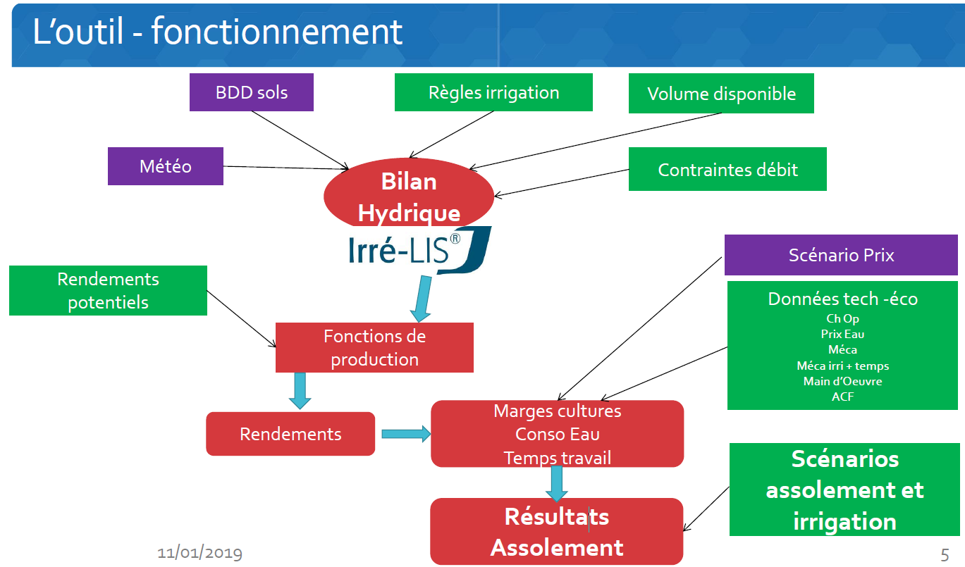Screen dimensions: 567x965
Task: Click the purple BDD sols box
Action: (251, 92)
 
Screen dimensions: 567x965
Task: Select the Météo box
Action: (165, 166)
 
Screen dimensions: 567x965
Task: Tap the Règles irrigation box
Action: (493, 92)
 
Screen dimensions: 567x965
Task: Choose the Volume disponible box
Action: (721, 94)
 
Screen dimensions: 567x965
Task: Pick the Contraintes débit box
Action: (727, 169)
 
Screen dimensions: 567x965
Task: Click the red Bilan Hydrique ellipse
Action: (409, 197)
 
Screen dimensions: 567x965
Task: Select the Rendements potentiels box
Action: (108, 290)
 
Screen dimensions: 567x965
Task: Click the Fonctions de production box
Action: (374, 347)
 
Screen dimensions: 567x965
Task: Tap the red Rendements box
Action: (290, 434)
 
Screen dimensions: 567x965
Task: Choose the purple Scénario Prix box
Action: (841, 255)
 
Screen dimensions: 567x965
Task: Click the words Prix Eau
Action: (842, 334)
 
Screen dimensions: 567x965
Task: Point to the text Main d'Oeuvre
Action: (842, 381)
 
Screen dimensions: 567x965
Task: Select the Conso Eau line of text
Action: (557, 434)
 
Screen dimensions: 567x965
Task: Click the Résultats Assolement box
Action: (557, 532)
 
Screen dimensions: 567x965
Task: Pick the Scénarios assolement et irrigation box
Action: (844, 490)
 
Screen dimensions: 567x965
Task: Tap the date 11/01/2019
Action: (199, 553)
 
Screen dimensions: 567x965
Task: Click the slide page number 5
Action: (945, 554)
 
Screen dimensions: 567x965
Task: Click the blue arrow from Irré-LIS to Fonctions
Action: (422, 299)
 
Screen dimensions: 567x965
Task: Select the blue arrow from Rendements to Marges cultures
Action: (406, 434)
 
